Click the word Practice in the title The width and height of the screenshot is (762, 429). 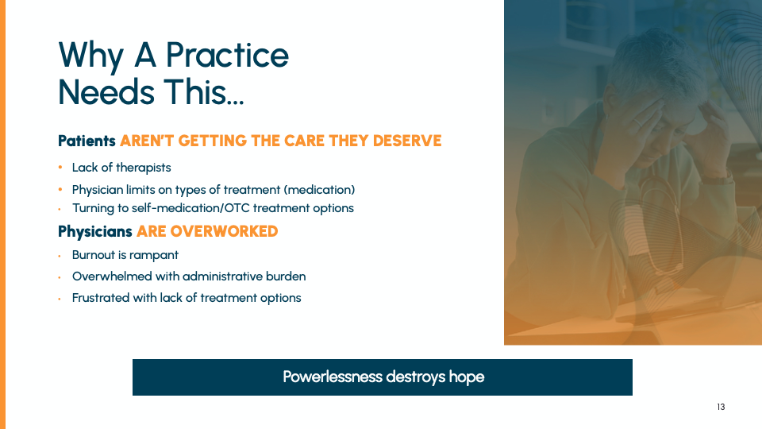pos(228,55)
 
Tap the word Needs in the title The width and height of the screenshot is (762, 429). pos(106,92)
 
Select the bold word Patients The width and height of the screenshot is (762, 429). pos(87,141)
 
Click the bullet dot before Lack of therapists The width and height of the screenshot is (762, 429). pos(60,168)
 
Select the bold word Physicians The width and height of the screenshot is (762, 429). pos(94,231)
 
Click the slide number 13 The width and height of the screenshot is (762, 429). pos(721,407)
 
